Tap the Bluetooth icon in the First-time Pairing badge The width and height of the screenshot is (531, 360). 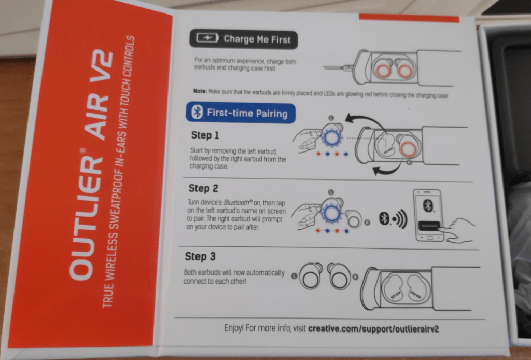[197, 112]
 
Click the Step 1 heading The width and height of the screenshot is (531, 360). [205, 135]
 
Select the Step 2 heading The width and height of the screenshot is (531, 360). [203, 188]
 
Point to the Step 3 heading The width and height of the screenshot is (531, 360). [200, 256]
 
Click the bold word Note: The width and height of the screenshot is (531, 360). [200, 91]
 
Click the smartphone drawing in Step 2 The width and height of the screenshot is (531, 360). [429, 215]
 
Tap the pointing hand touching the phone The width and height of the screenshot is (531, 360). [457, 230]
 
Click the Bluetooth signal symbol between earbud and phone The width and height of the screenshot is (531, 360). [393, 219]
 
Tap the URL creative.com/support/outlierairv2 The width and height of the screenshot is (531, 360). [373, 328]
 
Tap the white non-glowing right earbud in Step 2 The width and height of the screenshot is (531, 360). [353, 219]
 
